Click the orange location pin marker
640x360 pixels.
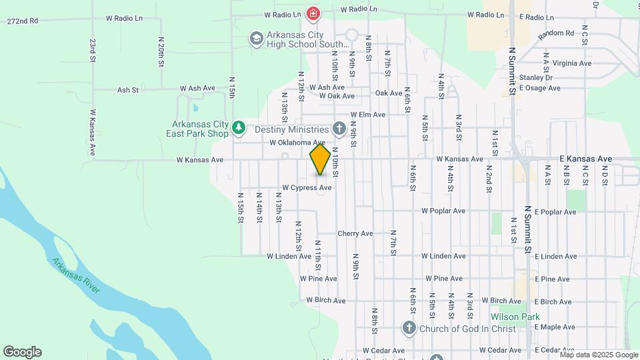point(320,160)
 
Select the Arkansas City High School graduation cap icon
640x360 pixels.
point(256,39)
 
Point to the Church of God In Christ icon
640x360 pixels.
point(409,328)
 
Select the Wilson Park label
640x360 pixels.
point(515,317)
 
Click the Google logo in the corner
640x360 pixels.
point(22,352)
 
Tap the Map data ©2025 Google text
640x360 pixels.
point(598,354)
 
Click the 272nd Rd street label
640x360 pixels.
point(23,21)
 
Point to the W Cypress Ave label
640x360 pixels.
point(307,188)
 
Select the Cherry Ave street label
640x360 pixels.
point(355,233)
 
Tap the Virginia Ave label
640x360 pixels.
point(572,63)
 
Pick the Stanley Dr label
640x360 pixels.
point(536,77)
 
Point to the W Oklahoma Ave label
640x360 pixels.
point(297,143)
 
